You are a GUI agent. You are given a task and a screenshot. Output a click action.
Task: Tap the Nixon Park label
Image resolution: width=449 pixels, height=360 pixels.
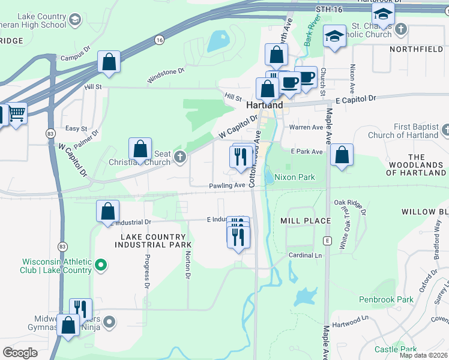point(294,178)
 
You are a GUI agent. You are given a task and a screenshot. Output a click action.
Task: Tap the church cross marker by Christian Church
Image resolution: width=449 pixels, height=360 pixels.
point(179,157)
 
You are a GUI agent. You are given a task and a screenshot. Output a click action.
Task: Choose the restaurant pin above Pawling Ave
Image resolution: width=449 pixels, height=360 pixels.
point(240,157)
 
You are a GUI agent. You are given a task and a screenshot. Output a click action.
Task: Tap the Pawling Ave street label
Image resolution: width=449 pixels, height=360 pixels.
point(227,185)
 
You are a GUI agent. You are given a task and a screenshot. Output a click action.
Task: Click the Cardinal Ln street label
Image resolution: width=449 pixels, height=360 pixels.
point(306,254)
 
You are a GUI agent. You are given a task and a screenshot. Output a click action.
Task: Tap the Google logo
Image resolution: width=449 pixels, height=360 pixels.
point(20,353)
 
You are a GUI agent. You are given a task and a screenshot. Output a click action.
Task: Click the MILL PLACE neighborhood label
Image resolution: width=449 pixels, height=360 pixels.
point(306,221)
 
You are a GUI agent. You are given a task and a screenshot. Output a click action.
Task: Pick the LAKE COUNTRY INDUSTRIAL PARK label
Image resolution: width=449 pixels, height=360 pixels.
point(153,241)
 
